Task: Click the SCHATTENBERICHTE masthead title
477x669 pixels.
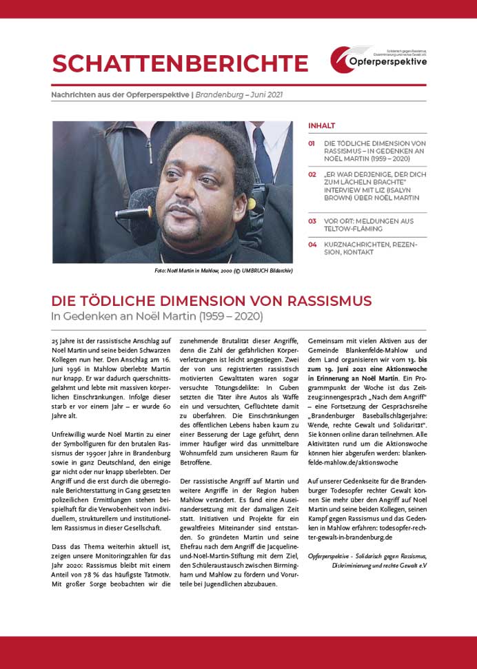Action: click(180, 63)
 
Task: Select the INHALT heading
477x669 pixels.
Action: click(321, 125)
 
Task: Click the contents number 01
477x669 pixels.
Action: click(312, 143)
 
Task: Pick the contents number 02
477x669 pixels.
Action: click(312, 175)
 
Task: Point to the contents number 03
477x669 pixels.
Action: click(312, 221)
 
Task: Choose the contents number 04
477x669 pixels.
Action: click(312, 244)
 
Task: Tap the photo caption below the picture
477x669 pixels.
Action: click(223, 271)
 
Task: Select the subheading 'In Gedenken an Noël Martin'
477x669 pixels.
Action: click(157, 316)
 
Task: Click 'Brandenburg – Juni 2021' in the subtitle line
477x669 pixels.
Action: click(238, 95)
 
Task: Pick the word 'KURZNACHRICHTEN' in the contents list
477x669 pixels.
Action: click(358, 244)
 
